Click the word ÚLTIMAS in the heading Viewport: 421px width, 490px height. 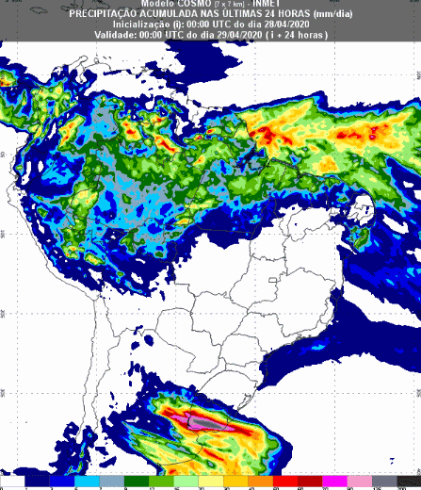tap(248, 13)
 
